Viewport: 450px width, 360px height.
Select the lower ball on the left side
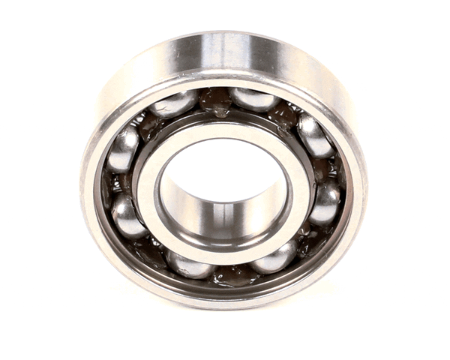[127, 216]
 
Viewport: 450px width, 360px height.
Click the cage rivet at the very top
[217, 101]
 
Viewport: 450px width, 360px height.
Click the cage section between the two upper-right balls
[285, 114]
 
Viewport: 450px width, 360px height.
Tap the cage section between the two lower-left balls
[150, 247]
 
